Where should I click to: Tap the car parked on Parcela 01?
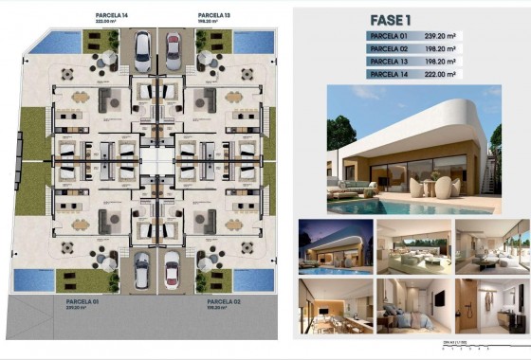(142, 270)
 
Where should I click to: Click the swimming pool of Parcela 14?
(59, 41)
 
